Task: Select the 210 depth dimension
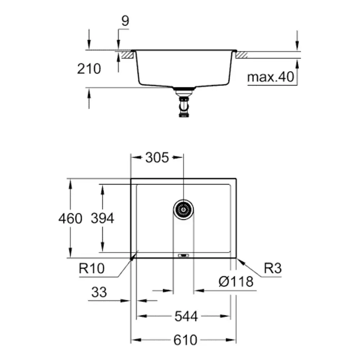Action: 89,69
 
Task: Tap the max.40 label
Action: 271,77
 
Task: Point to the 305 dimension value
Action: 157,158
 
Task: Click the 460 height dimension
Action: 70,219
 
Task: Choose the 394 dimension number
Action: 102,218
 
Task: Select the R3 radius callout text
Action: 273,268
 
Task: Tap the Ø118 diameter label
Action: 236,282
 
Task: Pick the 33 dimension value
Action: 99,292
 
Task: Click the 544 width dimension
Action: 186,316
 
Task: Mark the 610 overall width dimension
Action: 185,340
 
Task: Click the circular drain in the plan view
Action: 183,210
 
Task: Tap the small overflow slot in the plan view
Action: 184,255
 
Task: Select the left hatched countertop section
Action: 127,55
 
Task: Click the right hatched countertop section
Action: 242,55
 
